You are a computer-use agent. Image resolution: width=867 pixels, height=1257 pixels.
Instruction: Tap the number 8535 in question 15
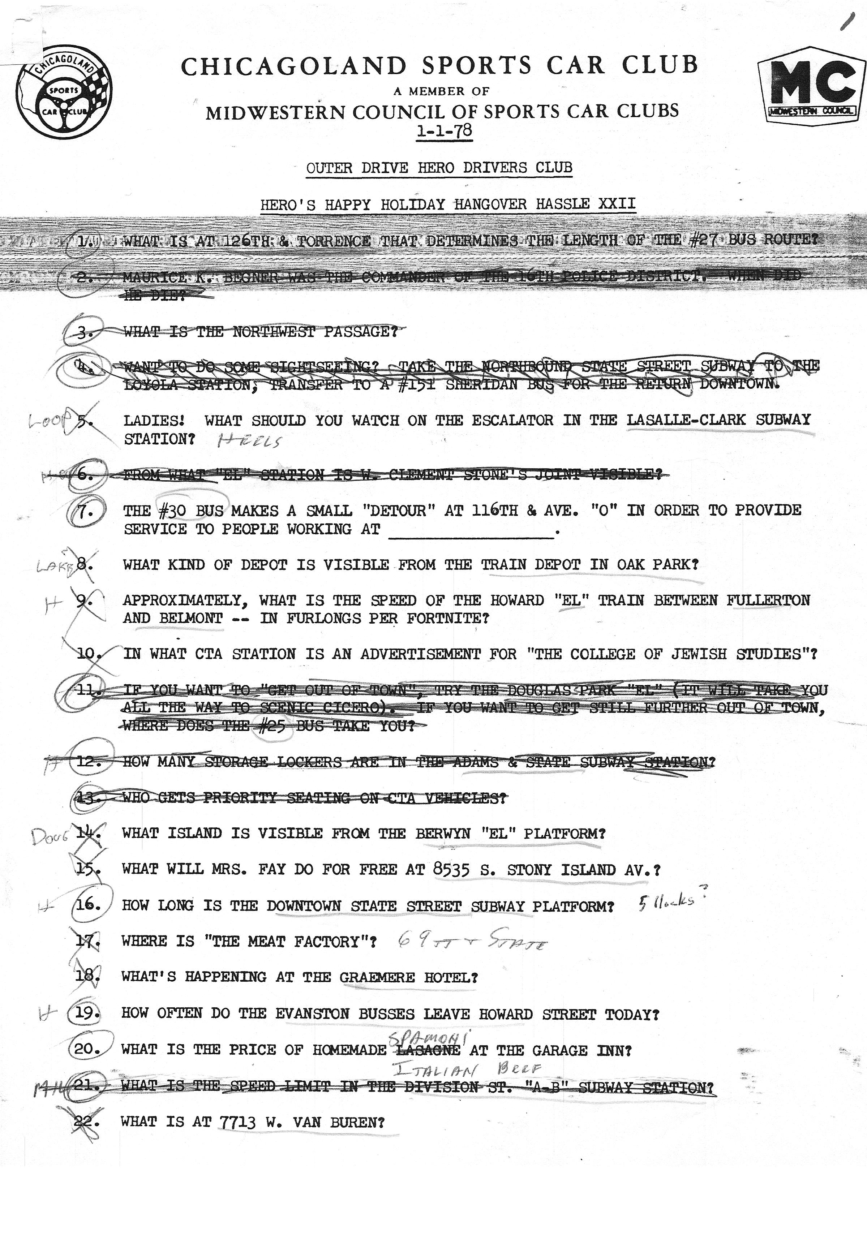451,870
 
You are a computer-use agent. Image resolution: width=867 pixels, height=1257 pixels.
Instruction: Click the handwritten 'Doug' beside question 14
50,837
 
